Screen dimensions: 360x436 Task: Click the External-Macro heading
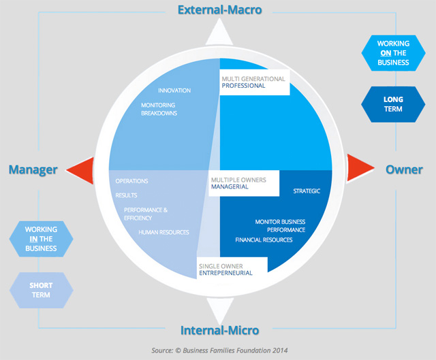coord(219,10)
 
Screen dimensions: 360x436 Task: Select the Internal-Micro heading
coord(219,331)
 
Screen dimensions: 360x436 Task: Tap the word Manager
coord(33,169)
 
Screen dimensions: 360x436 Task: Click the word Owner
coord(404,169)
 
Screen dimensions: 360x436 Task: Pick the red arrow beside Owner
coord(358,168)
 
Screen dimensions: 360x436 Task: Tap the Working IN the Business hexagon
coord(40,238)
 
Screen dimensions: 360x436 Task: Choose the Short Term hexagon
coord(40,289)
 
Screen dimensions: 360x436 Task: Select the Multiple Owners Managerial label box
coord(243,184)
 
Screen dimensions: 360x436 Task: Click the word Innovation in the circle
coord(174,91)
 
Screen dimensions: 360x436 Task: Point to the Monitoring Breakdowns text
coord(159,109)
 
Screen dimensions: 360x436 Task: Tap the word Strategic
coord(307,191)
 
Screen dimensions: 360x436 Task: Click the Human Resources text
coord(163,232)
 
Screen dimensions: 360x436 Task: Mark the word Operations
coord(131,181)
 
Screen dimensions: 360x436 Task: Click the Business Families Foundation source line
coord(219,350)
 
